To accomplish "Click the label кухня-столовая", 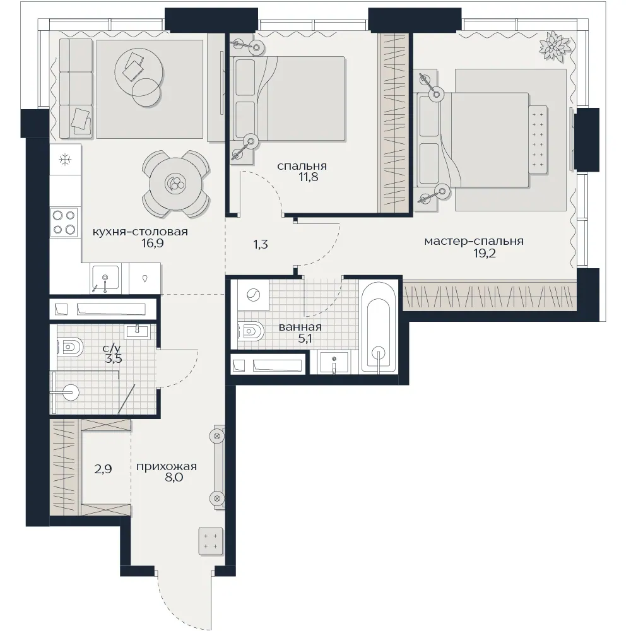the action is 140,232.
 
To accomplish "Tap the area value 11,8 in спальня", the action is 309,177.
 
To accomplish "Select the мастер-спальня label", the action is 474,242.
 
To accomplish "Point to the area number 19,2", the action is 484,254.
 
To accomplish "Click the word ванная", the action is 300,327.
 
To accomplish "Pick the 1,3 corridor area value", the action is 261,245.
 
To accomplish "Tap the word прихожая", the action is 166,467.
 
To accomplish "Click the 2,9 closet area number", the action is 103,469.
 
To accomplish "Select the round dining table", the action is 176,184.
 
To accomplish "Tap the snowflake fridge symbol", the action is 64,160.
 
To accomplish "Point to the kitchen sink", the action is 105,277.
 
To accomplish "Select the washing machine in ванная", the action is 253,295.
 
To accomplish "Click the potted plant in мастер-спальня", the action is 555,46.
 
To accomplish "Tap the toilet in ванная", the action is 251,333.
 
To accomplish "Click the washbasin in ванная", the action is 334,362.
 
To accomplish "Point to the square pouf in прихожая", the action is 211,541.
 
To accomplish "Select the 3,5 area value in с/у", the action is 113,358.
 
